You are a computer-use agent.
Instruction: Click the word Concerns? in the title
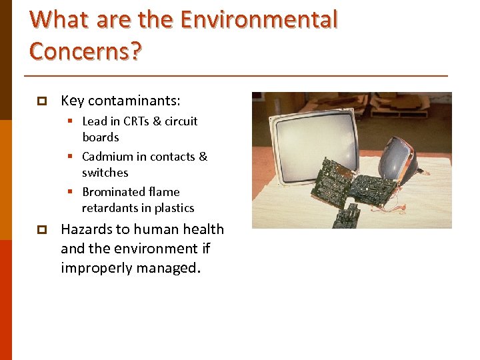[x=85, y=50]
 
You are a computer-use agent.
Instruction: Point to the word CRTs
[x=138, y=121]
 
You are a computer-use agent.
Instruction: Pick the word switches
[x=105, y=173]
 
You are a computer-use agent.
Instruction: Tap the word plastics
[x=174, y=208]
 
